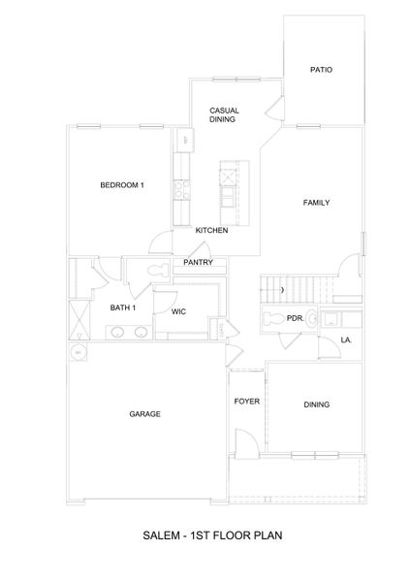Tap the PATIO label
pyautogui.click(x=322, y=70)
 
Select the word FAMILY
pyautogui.click(x=316, y=203)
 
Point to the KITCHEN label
pyautogui.click(x=211, y=231)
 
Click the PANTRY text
pyautogui.click(x=198, y=262)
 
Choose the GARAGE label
pyautogui.click(x=144, y=414)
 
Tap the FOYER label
pyautogui.click(x=246, y=401)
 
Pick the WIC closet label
pyautogui.click(x=178, y=312)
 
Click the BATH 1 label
pyautogui.click(x=122, y=307)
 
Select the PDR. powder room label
pyautogui.click(x=295, y=318)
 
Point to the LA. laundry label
pyautogui.click(x=346, y=339)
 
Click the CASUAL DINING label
pyautogui.click(x=224, y=114)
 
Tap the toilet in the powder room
pyautogui.click(x=273, y=318)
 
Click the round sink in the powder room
pyautogui.click(x=330, y=318)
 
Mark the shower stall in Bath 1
pyautogui.click(x=77, y=316)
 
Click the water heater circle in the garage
pyautogui.click(x=77, y=353)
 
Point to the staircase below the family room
pyautogui.click(x=296, y=288)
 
